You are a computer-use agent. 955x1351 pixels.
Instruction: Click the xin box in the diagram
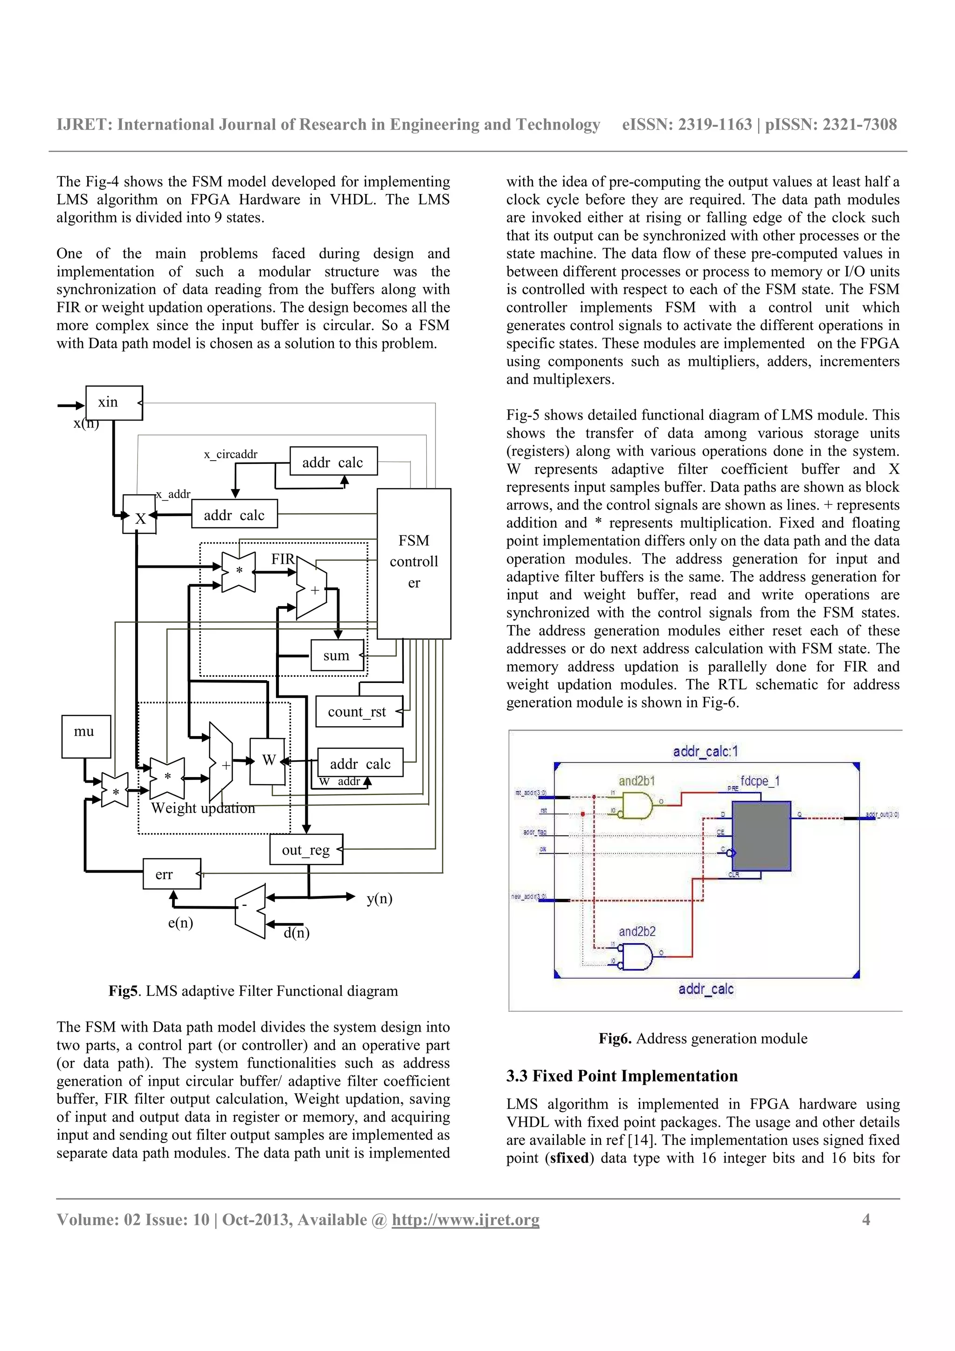tap(114, 403)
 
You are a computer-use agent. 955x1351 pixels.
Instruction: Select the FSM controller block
tap(414, 563)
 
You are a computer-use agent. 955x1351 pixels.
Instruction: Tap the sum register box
tap(337, 655)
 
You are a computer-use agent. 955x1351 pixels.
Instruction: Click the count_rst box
tap(358, 711)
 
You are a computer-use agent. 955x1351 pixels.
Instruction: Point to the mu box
tap(86, 736)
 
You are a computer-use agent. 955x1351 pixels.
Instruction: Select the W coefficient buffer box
tap(268, 761)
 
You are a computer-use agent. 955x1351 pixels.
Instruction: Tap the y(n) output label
tap(379, 898)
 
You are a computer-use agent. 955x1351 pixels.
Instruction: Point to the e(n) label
tap(180, 922)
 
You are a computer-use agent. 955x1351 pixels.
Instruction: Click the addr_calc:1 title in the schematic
tap(705, 751)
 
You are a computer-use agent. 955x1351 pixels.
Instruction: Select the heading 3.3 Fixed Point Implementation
tap(622, 1076)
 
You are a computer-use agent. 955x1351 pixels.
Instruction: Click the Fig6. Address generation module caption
tap(703, 1039)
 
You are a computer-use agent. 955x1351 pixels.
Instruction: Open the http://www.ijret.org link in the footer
tap(465, 1220)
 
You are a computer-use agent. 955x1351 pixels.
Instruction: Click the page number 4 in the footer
tap(865, 1219)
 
